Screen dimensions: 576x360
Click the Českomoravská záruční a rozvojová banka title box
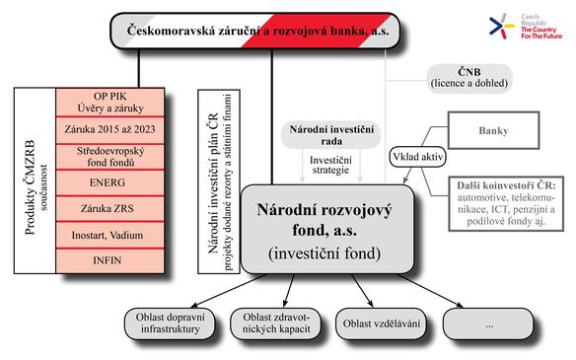254,31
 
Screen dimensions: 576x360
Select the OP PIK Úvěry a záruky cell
109,103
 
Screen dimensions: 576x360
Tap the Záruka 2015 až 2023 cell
109,130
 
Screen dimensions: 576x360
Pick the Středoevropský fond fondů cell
109,157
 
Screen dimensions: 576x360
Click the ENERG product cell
109,182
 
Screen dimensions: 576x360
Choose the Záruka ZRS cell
109,209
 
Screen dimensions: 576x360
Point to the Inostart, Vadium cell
109,235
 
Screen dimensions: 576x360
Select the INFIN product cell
109,261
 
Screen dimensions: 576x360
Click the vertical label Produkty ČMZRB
31,187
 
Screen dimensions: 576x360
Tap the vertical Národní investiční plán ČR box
219,181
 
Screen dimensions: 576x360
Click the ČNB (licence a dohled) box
469,78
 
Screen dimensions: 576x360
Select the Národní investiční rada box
331,135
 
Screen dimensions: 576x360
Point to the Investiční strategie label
330,165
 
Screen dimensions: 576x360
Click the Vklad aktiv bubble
417,157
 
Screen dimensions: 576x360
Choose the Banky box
493,130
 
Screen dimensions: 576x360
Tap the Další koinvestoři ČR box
506,203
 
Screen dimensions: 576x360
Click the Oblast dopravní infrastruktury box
170,324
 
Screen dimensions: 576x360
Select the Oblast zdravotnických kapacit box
276,324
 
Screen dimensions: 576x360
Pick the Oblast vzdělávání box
382,324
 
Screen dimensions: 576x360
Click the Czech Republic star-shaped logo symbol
501,27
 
